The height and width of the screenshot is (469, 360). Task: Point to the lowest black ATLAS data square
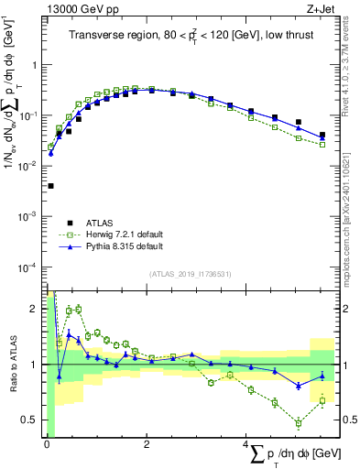49,186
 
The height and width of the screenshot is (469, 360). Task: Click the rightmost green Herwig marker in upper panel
322,145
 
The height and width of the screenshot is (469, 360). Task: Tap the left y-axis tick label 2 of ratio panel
36,308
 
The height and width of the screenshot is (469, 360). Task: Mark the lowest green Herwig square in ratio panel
297,423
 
